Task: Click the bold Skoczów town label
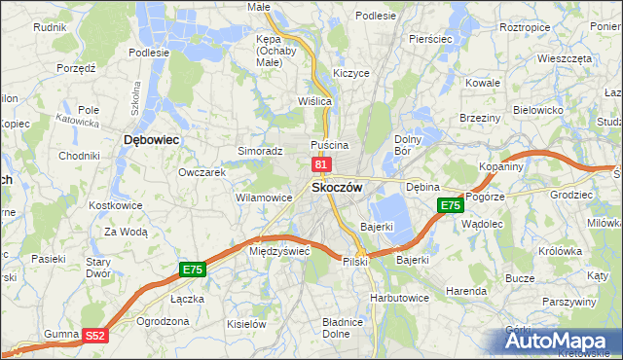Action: [x=337, y=188]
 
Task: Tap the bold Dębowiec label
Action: [x=151, y=140]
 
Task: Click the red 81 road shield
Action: [x=320, y=166]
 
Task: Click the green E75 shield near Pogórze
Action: [x=449, y=205]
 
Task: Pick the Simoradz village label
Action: [x=260, y=152]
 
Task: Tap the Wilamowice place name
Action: [x=264, y=198]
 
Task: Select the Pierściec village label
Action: [x=432, y=39]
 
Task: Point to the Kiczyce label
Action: [x=350, y=73]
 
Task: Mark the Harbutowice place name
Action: [x=399, y=297]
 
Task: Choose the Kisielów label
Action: [x=246, y=323]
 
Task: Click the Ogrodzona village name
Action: [x=163, y=320]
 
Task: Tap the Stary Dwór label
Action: [x=98, y=268]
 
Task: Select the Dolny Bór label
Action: [x=407, y=145]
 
